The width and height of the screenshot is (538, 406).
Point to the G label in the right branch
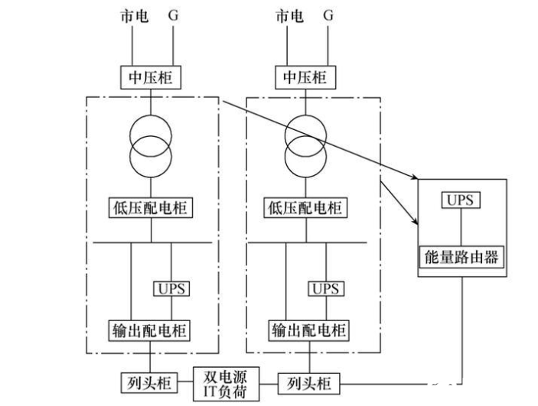(329, 15)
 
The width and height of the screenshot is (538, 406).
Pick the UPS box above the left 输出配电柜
(171, 289)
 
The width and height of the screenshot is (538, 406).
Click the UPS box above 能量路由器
(458, 200)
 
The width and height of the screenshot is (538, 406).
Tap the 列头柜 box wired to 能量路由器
(308, 380)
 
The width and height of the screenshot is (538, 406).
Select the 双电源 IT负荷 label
(229, 380)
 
